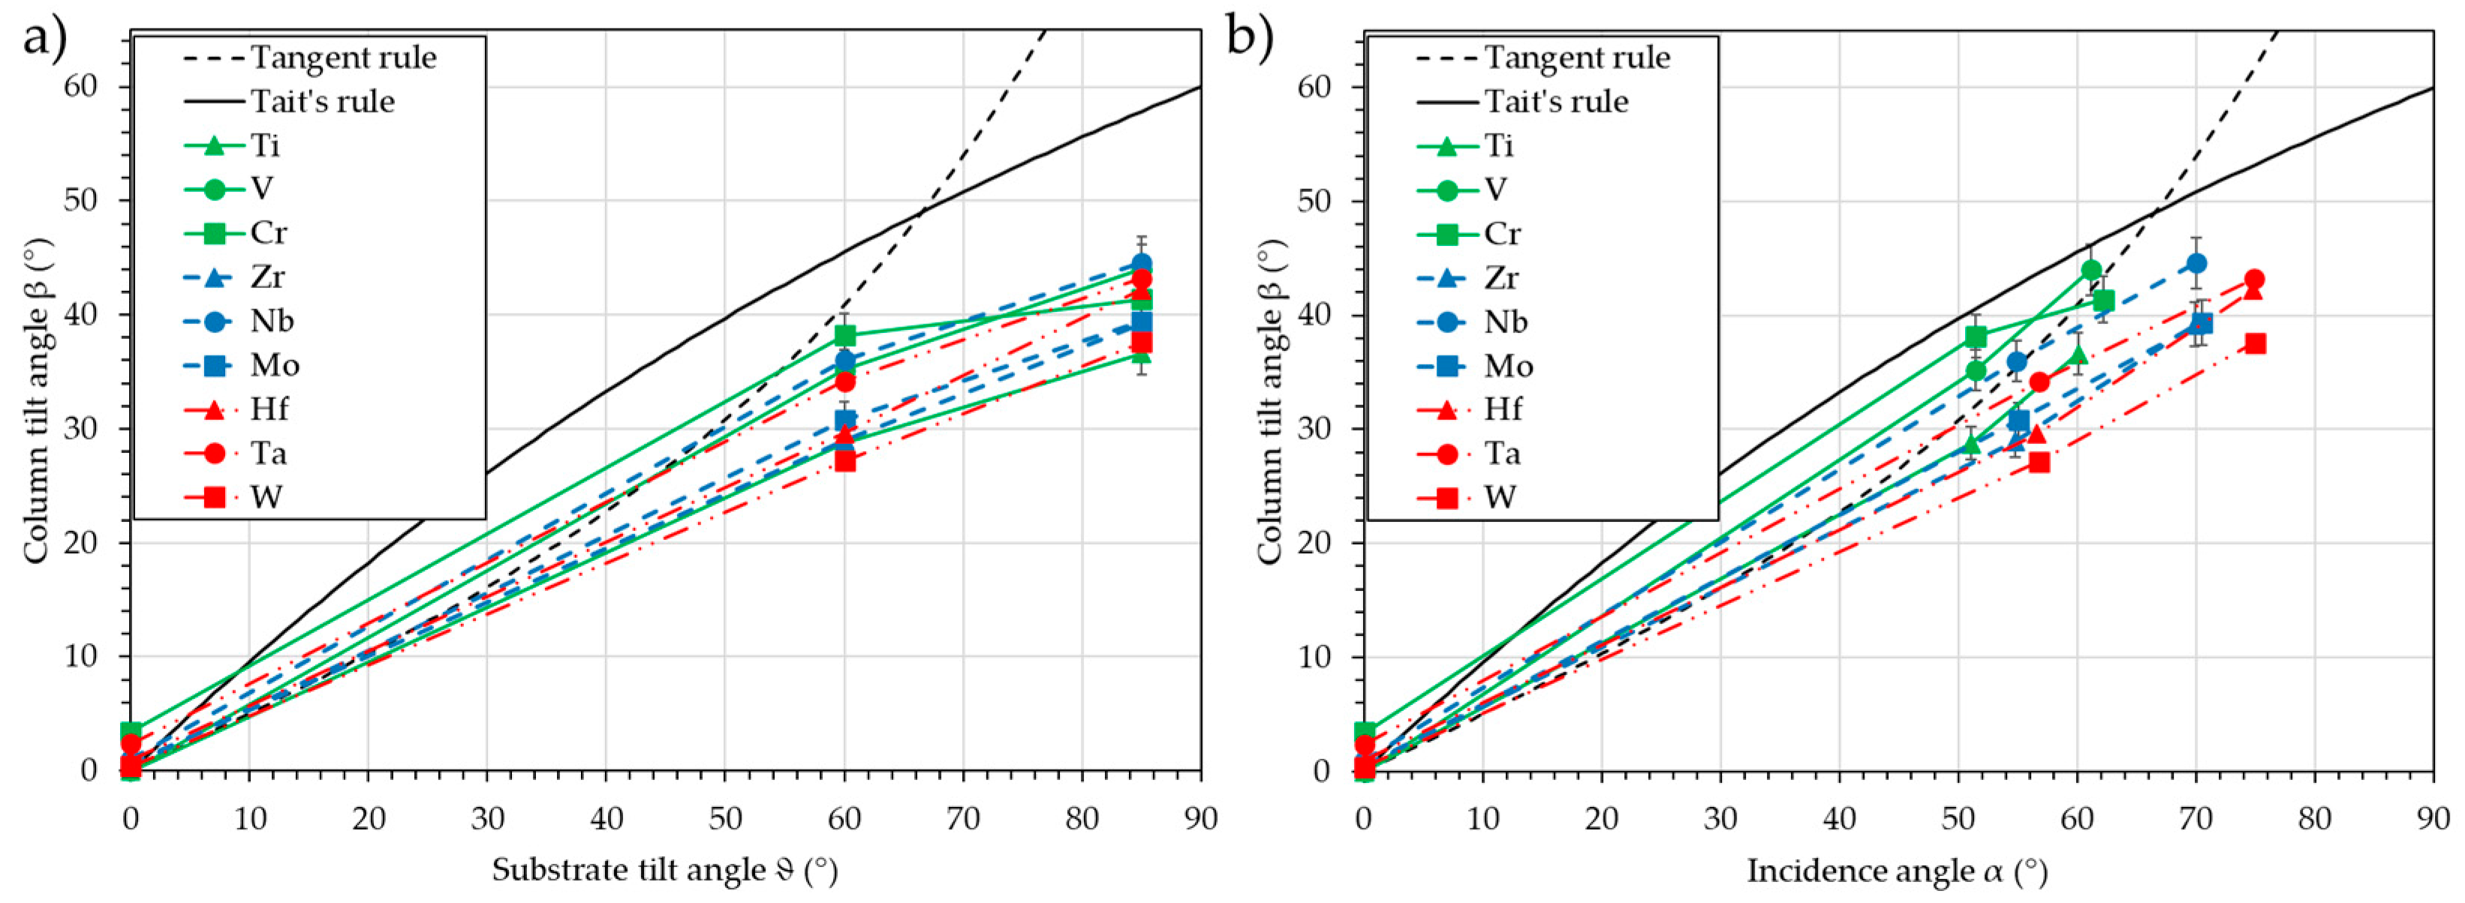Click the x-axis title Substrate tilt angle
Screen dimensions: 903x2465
(664, 871)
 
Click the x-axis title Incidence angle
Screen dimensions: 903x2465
(1898, 871)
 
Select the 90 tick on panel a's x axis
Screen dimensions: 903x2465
(1200, 819)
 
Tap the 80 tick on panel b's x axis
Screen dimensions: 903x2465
(2314, 819)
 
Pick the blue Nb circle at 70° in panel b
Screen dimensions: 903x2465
(2196, 263)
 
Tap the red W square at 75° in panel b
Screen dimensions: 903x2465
(2256, 343)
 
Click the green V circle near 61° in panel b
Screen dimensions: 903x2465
(2091, 270)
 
